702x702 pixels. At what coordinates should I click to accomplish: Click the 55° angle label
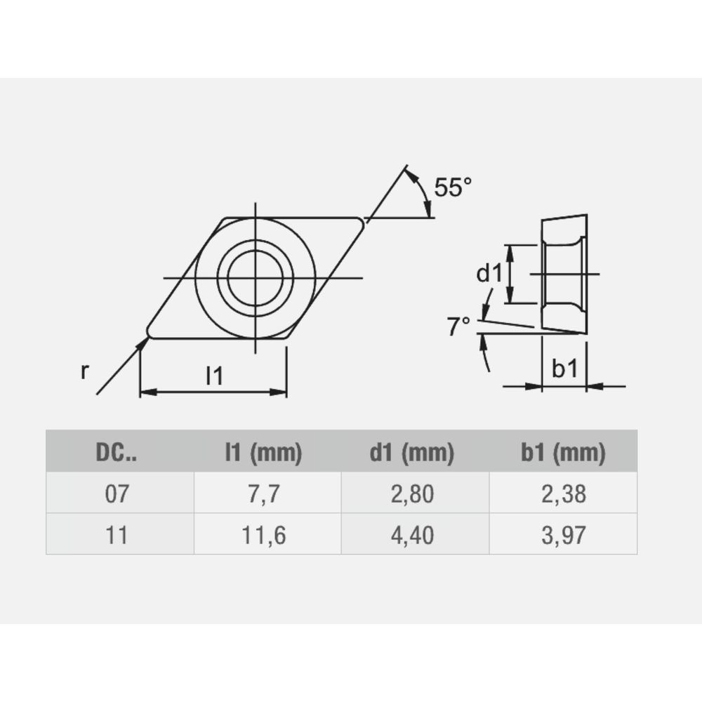point(452,188)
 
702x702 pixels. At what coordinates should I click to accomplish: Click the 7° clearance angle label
point(459,326)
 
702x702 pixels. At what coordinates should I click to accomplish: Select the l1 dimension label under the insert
point(214,376)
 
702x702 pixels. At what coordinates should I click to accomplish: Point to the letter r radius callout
point(85,371)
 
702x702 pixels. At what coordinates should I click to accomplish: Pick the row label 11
point(117,536)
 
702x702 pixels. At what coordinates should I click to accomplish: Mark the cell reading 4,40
point(411,536)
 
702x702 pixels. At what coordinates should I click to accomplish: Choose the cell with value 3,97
point(563,536)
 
